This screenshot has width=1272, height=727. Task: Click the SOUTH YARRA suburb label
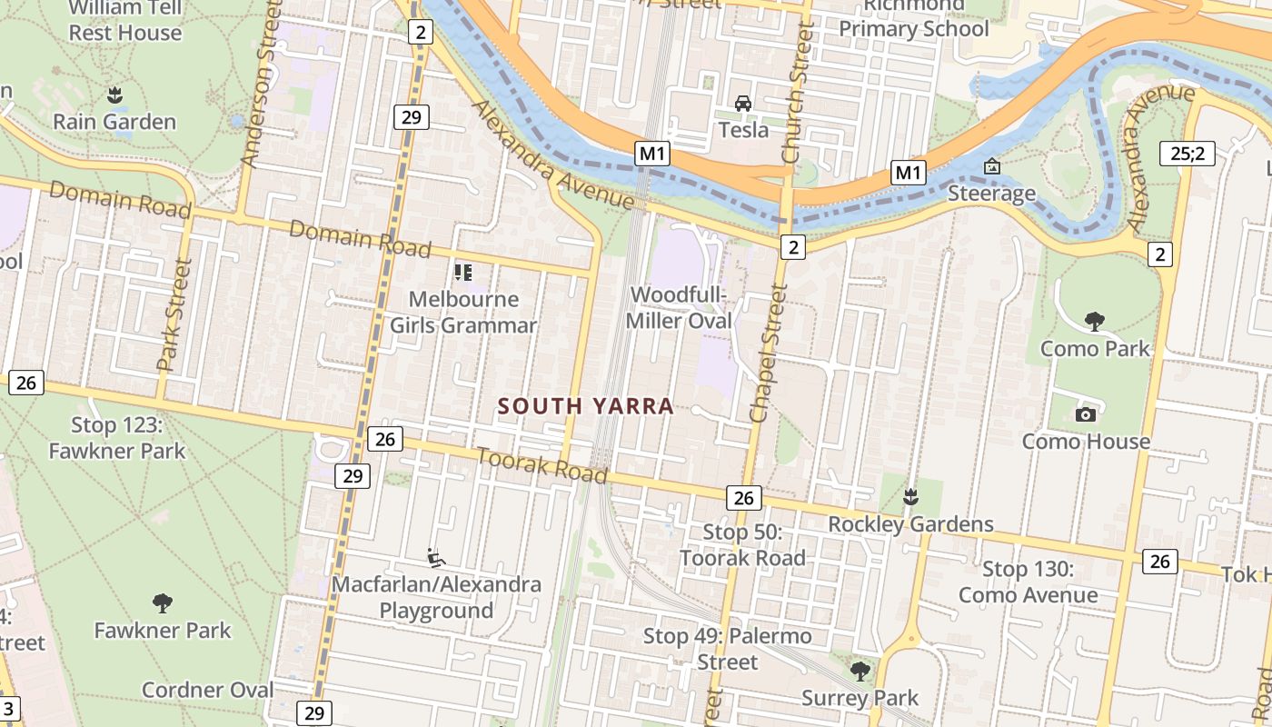pos(586,406)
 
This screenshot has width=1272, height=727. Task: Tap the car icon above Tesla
pos(743,104)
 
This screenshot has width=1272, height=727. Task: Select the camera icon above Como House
pos(1085,415)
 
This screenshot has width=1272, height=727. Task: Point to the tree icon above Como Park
pos(1094,321)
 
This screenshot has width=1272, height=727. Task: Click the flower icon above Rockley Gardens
pos(909,497)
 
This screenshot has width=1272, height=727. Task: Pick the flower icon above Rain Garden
pos(114,94)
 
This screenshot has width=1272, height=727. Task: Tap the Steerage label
pos(991,193)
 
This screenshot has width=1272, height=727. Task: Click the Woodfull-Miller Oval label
pos(680,308)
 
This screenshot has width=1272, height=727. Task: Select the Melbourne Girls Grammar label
pos(463,312)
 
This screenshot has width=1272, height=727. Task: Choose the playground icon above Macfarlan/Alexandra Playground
pos(436,557)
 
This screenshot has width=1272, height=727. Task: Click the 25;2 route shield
pos(1187,154)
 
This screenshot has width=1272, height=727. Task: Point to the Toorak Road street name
pos(542,466)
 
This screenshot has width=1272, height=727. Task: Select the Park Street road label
pos(175,315)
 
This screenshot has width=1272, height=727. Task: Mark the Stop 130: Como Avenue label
pos(1028,583)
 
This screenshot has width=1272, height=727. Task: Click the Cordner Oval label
pos(207,690)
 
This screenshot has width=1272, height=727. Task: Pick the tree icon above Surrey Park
pos(860,672)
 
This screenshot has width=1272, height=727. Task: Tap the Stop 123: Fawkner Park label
pos(116,438)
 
